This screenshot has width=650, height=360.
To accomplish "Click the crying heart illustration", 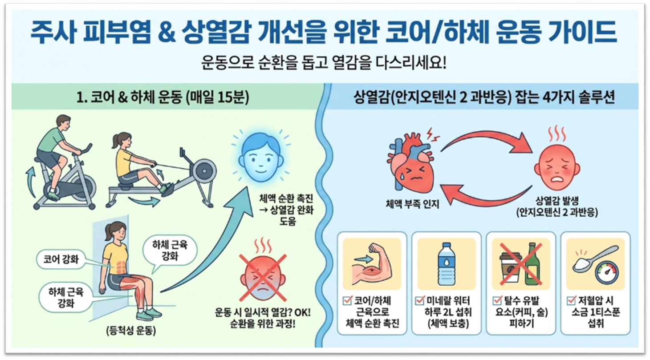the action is click(409, 165).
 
